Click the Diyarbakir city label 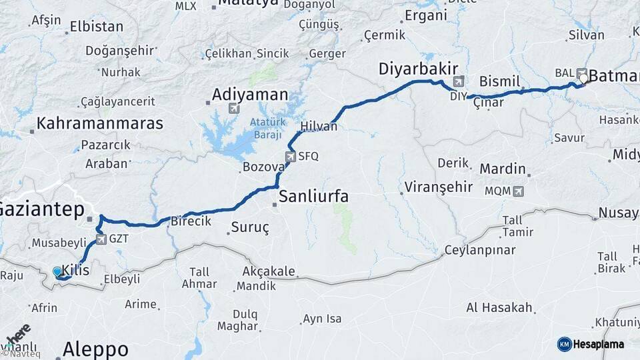click(x=418, y=69)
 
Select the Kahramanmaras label click(x=100, y=123)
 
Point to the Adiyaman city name click(x=250, y=95)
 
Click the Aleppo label click(x=95, y=349)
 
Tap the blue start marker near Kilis click(x=58, y=271)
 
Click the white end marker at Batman click(x=583, y=79)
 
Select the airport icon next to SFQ click(x=290, y=157)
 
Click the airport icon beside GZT click(x=101, y=239)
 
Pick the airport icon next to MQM click(x=518, y=191)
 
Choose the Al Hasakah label click(x=499, y=307)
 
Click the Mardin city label click(x=503, y=169)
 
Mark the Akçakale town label click(x=269, y=272)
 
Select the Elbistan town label click(x=97, y=27)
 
